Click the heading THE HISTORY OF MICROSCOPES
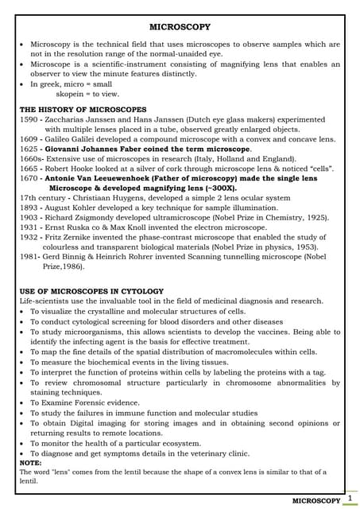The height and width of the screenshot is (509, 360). tap(83, 109)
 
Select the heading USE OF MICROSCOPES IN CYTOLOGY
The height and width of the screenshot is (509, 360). tap(91, 291)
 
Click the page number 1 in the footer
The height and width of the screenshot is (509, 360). tap(349, 498)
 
